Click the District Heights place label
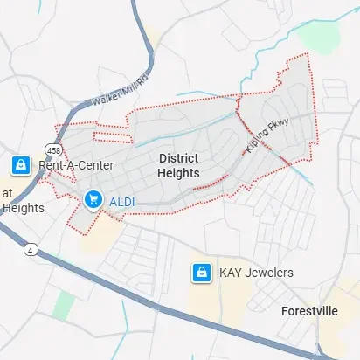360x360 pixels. point(178,165)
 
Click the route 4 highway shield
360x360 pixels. point(31,250)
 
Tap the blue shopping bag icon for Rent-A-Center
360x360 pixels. point(19,164)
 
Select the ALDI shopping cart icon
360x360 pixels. point(93,201)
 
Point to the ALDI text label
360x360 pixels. point(121,202)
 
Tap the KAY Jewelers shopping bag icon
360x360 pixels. point(202,273)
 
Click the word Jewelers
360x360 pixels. point(268,273)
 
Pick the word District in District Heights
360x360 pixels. point(178,158)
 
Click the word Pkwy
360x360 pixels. point(279,129)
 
